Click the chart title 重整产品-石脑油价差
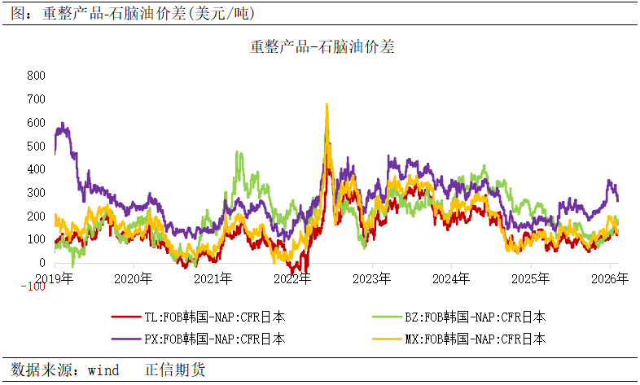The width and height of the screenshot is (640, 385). click(x=322, y=47)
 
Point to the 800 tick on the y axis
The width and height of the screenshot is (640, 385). click(x=37, y=75)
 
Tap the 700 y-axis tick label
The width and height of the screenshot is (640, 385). click(x=37, y=98)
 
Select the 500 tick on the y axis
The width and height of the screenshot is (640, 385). click(x=37, y=146)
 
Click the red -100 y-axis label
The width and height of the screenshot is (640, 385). click(x=33, y=286)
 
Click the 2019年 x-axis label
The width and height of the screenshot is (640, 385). click(x=54, y=278)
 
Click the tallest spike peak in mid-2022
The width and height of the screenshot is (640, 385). click(x=327, y=104)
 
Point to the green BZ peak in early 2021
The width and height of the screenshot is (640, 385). click(x=238, y=151)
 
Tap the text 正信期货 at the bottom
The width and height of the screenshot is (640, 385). click(x=175, y=370)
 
